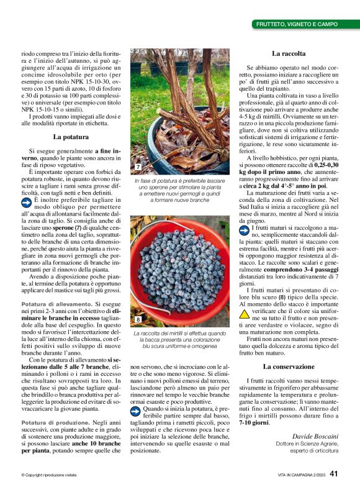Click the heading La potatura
click(70, 137)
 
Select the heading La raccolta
click(287, 54)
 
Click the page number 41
click(334, 475)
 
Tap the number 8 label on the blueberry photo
click(137, 319)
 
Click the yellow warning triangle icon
click(245, 314)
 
